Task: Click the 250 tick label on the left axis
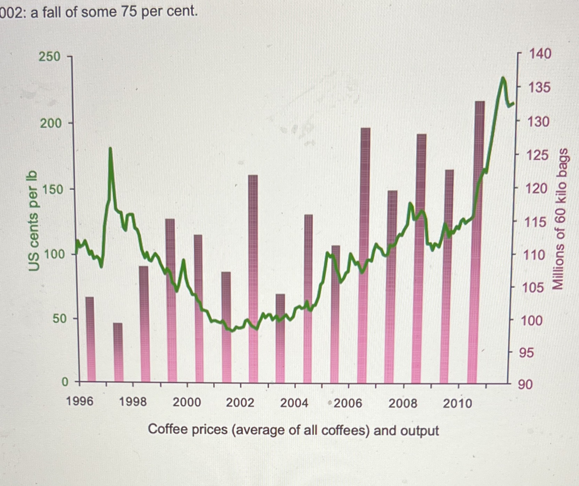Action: click(49, 56)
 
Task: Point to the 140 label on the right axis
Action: click(540, 54)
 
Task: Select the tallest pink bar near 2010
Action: click(479, 240)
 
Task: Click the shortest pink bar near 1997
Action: click(118, 352)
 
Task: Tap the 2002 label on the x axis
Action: click(240, 403)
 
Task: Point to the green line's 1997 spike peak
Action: click(110, 149)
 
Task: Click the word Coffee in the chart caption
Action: click(164, 429)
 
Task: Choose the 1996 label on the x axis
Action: click(80, 401)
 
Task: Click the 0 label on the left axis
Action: click(65, 382)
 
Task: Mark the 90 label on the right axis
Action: click(525, 385)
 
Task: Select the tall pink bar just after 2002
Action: click(253, 279)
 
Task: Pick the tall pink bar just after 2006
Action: click(365, 254)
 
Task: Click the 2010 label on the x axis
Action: click(457, 403)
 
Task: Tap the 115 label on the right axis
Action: click(536, 222)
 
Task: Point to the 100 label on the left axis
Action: click(54, 254)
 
